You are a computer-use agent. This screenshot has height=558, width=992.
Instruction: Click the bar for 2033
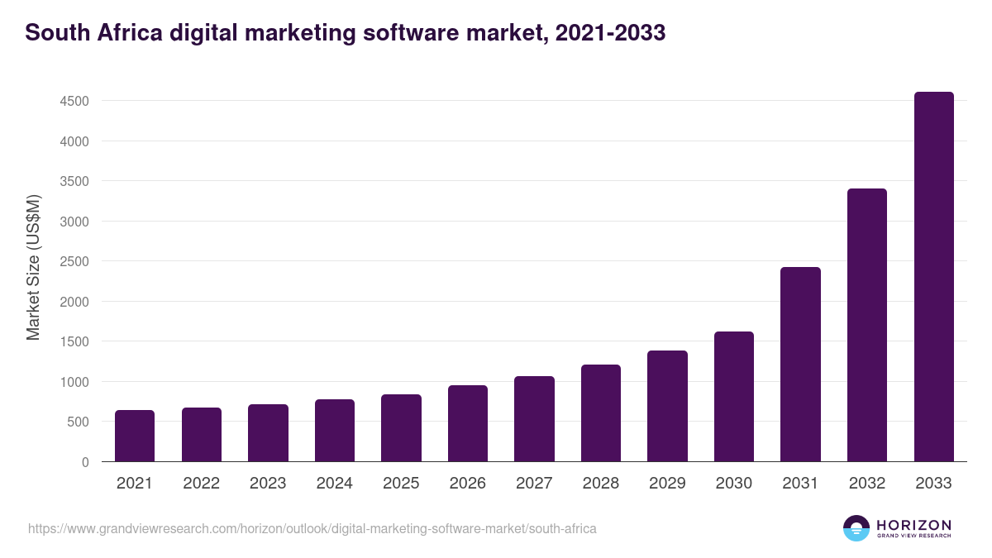(x=933, y=277)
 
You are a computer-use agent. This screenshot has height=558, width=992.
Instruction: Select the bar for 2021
(x=135, y=436)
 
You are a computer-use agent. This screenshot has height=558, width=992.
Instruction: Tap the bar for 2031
(x=800, y=365)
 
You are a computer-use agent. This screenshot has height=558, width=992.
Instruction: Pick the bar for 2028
(x=600, y=413)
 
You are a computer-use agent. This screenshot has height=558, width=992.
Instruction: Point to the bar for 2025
(x=401, y=428)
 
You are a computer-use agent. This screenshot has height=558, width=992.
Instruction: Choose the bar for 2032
(x=867, y=325)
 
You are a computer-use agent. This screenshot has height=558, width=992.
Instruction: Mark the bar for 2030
(x=734, y=397)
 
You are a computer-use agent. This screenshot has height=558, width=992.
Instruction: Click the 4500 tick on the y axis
(x=74, y=102)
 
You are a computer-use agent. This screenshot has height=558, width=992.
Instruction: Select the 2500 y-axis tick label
(x=74, y=262)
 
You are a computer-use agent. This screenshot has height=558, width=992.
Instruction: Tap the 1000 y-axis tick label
(x=74, y=382)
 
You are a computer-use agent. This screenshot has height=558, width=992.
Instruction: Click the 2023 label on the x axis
(x=268, y=484)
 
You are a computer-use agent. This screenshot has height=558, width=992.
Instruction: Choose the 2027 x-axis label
(x=534, y=484)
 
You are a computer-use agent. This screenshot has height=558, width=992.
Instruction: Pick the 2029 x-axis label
(x=667, y=484)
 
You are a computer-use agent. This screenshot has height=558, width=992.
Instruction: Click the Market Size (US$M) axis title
(x=33, y=268)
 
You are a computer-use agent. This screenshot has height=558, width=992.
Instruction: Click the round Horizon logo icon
(x=856, y=528)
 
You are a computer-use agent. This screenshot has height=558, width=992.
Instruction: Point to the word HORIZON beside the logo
(x=913, y=524)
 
